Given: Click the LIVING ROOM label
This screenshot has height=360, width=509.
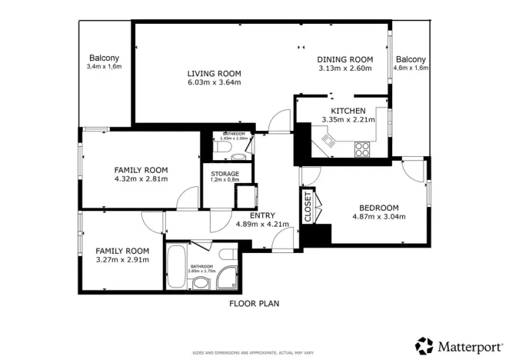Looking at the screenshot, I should click(215, 74).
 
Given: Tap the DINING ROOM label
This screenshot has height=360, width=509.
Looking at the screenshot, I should click(345, 60).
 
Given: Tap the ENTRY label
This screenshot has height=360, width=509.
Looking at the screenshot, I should click(262, 215).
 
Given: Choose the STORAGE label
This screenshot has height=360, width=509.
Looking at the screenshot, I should click(225, 175).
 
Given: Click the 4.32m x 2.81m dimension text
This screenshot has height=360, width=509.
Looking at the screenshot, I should click(141, 179).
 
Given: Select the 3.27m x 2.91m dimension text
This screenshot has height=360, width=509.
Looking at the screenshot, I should click(121, 260).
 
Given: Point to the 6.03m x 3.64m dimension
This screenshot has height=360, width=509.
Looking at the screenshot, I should click(215, 83).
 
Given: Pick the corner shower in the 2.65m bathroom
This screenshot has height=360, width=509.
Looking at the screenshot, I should click(228, 278).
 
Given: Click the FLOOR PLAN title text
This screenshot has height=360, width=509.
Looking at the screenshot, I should click(254, 304).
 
